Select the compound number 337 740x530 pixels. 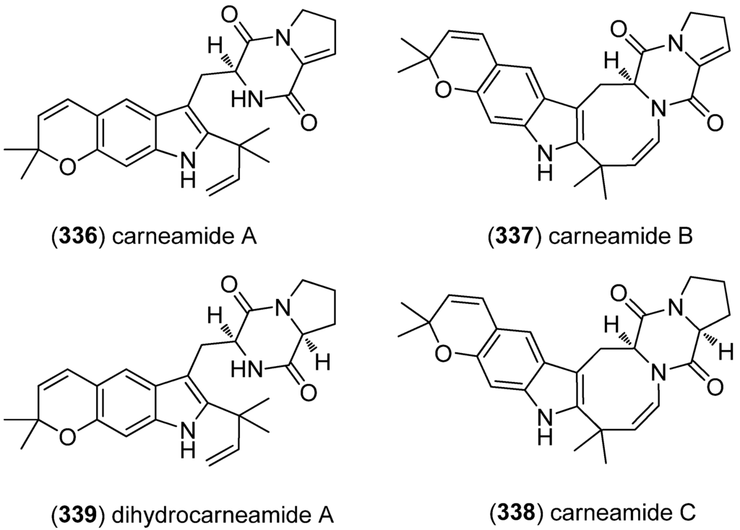point(508,233)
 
